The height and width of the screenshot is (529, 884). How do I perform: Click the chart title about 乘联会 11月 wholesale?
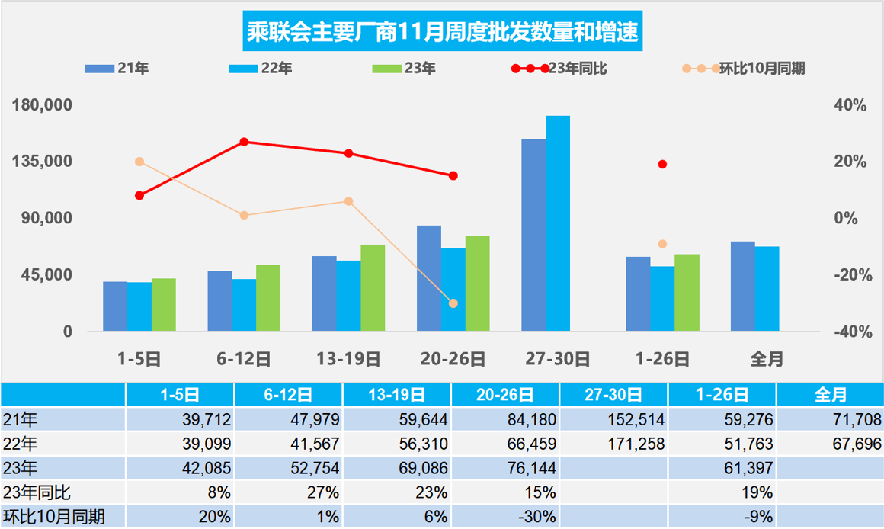click(442, 34)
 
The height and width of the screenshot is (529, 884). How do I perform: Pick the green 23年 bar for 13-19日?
click(373, 287)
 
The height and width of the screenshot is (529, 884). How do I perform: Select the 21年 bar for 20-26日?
click(429, 278)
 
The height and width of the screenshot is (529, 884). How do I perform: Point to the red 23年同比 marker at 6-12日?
click(244, 142)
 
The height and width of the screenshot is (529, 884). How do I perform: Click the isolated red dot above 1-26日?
click(662, 165)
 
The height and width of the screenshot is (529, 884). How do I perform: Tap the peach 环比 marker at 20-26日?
click(453, 303)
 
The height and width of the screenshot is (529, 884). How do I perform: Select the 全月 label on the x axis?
click(766, 359)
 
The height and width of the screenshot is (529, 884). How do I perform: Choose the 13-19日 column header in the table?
click(397, 395)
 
